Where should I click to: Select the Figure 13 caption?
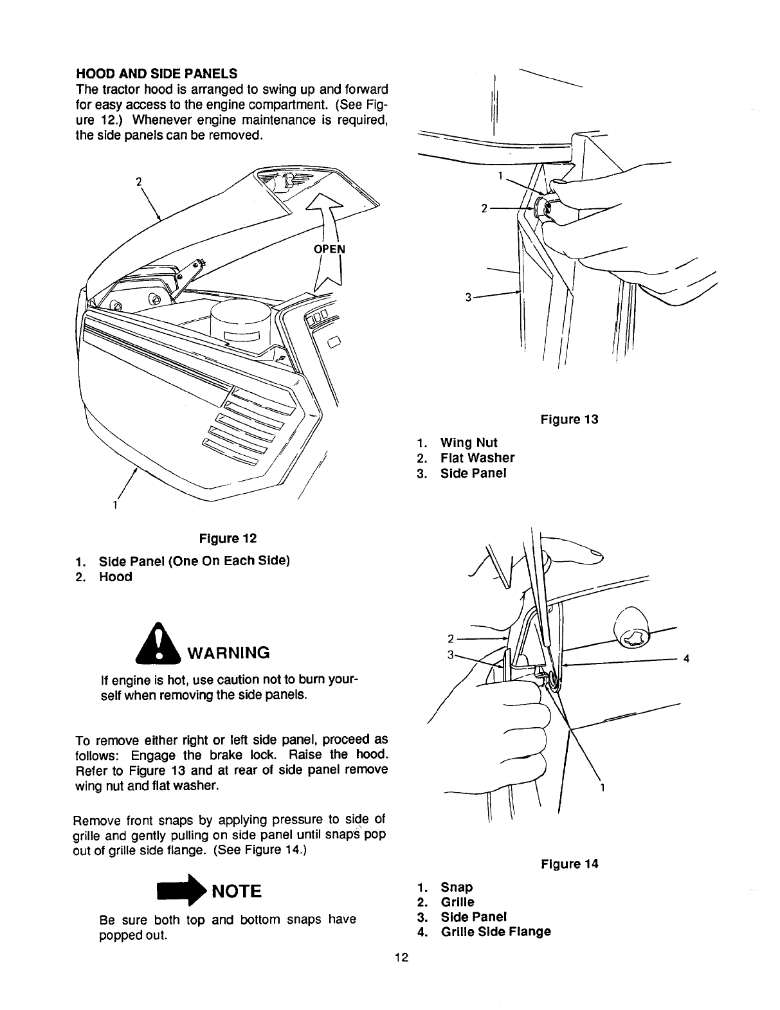click(569, 420)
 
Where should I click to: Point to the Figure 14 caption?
click(569, 864)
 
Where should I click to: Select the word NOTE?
click(237, 892)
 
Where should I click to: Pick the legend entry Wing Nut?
click(468, 443)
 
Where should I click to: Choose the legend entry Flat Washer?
click(477, 458)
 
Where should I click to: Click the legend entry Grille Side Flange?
click(495, 932)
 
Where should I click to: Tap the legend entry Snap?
click(457, 887)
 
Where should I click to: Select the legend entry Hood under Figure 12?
click(115, 577)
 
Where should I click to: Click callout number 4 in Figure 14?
click(686, 659)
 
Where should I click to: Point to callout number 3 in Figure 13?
click(469, 297)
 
